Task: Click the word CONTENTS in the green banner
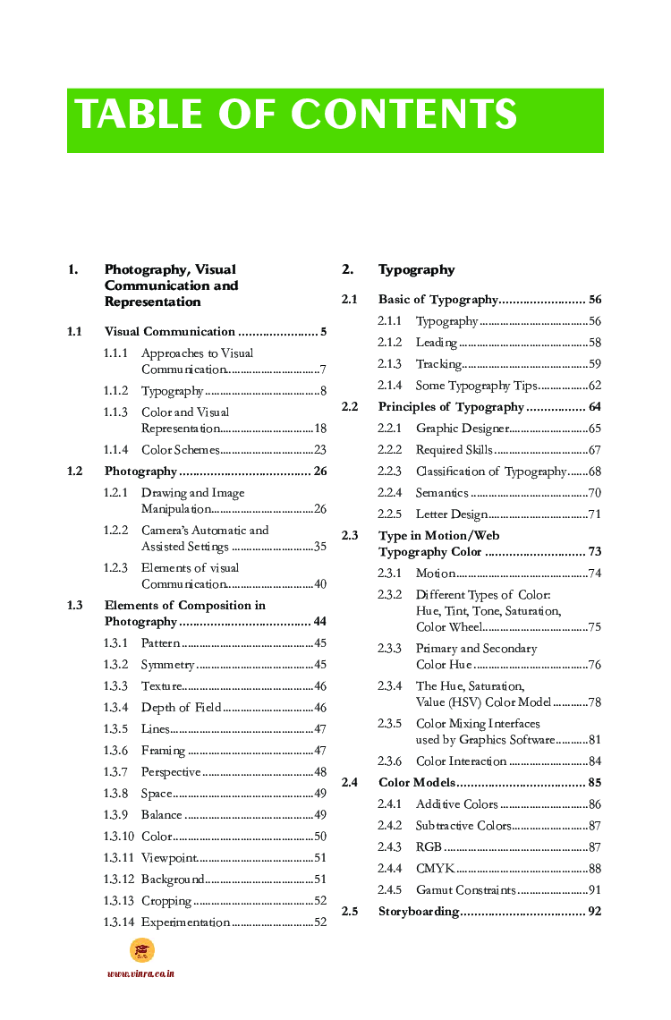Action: [403, 115]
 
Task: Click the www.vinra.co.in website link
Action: [140, 973]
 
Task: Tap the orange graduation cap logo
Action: [141, 950]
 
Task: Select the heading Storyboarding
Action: [419, 912]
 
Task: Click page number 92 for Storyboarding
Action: [594, 912]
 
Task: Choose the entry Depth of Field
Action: [181, 708]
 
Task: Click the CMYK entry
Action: [435, 869]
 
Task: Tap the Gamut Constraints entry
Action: [465, 890]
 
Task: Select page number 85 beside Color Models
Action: [594, 783]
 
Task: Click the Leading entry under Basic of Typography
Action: [437, 343]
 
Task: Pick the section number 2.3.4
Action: [390, 686]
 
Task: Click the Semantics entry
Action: [442, 493]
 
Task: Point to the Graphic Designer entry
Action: [463, 429]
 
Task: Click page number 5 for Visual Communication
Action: [323, 332]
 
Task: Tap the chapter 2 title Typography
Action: [416, 269]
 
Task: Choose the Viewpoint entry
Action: [169, 858]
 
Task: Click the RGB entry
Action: [429, 847]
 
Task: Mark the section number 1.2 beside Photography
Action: [75, 472]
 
